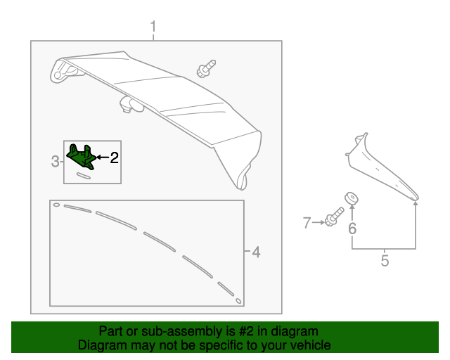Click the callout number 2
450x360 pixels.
click(113, 157)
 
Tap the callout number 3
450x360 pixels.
click(56, 162)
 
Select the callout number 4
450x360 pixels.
click(256, 252)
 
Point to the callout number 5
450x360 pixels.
click(385, 261)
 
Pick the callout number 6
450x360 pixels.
click(352, 228)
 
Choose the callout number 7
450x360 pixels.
click(307, 223)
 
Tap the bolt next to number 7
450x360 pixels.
click(333, 218)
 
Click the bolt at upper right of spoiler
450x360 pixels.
click(205, 69)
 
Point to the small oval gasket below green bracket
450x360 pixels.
click(84, 176)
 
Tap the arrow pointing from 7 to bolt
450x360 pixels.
click(317, 223)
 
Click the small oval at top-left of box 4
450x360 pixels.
click(56, 205)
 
